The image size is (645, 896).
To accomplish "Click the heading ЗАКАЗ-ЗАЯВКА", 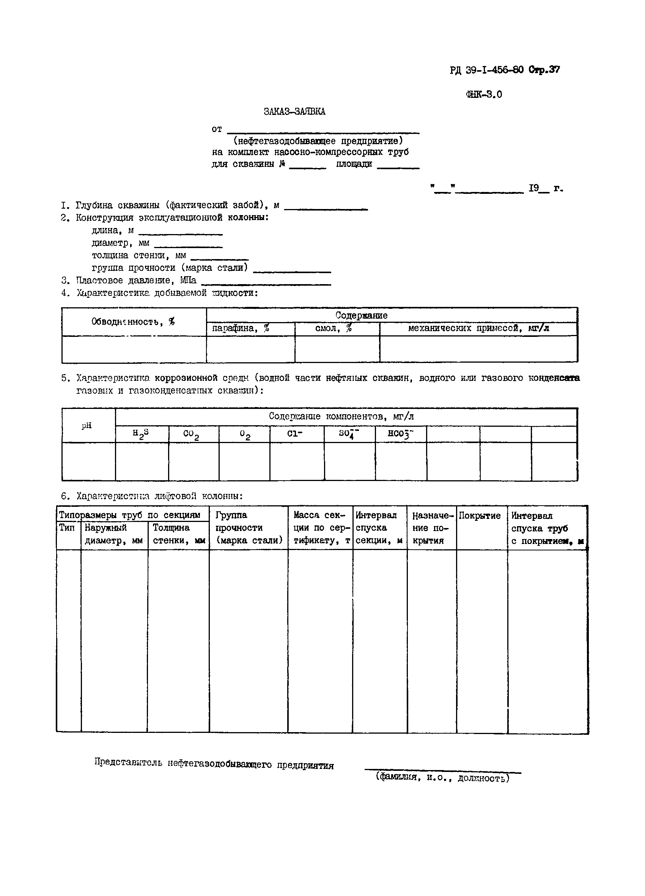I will (294, 112).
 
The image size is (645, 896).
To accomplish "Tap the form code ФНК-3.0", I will (484, 94).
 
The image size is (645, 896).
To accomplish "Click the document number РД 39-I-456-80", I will (486, 70).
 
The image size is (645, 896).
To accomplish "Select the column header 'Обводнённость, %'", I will (133, 322).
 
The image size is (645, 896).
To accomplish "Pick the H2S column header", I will (141, 434).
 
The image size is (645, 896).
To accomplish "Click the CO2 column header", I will (192, 434).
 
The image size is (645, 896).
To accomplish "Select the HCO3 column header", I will (400, 434).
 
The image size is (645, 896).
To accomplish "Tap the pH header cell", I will (87, 426).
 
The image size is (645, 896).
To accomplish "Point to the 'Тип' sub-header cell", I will (67, 528).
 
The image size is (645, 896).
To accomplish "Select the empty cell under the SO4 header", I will (349, 461).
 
